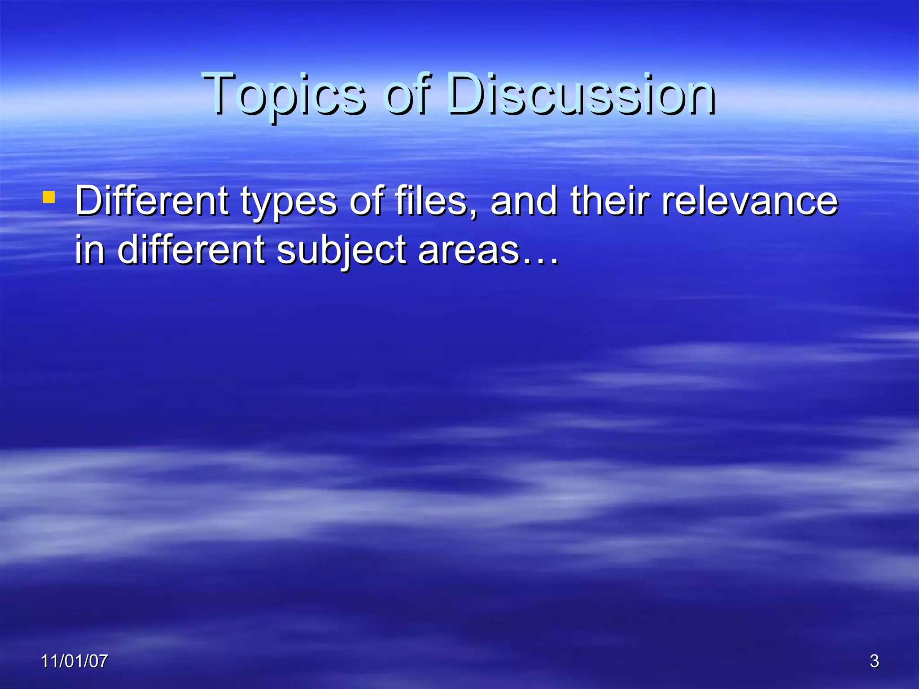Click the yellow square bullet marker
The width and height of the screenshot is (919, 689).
[x=48, y=197]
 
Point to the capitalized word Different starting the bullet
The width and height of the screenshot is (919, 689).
[x=152, y=201]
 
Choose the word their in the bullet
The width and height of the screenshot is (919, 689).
[x=610, y=201]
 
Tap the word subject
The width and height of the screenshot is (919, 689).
[x=341, y=251]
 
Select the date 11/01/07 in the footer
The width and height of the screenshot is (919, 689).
[x=74, y=661]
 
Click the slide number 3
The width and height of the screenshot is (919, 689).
[x=874, y=661]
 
